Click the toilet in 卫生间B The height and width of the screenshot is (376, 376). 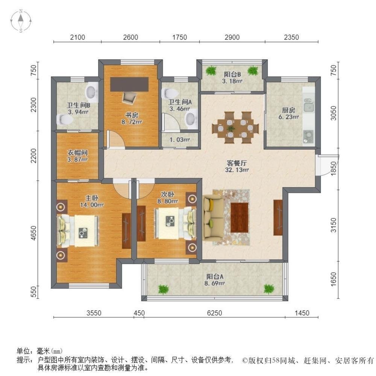pyautogui.click(x=65, y=120)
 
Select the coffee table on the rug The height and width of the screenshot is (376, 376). pyautogui.click(x=240, y=217)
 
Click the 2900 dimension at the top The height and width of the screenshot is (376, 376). pyautogui.click(x=232, y=37)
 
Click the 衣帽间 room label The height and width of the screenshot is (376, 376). pyautogui.click(x=77, y=153)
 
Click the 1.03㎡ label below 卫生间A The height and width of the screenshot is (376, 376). pyautogui.click(x=179, y=140)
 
